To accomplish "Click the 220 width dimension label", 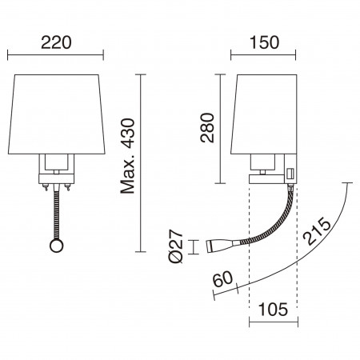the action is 56,42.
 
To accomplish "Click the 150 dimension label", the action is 264,42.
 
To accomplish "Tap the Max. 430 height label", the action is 128,156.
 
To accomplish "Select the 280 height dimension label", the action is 207,128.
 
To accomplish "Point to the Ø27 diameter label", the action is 176,246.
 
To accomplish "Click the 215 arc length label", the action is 318,231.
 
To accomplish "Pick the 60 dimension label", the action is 223,279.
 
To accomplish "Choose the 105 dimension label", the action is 273,310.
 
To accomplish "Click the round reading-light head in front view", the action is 57,246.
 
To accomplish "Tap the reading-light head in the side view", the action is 219,246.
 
